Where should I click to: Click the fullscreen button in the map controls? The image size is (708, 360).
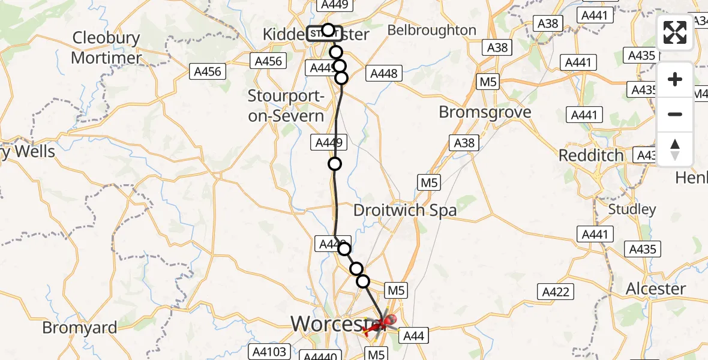coord(675,33)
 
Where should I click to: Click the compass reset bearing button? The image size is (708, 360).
coord(675,149)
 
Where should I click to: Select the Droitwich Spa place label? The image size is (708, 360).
coord(405,210)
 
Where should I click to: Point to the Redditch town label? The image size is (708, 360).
coord(591,155)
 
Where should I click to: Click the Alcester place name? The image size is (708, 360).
coord(655,289)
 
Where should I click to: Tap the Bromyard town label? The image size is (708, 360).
coord(80,328)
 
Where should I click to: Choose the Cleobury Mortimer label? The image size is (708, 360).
coord(106,48)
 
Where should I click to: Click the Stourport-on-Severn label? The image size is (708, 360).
coord(286,106)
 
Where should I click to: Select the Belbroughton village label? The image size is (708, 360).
coord(432,30)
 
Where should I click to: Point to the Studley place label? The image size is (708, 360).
coord(632,209)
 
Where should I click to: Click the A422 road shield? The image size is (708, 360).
coord(555,292)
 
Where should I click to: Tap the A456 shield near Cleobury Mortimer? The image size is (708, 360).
coord(208,72)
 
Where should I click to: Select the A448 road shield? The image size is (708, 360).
coord(384,73)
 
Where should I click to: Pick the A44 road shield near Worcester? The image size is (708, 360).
coord(413,336)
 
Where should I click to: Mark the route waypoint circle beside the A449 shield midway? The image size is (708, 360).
coord(335,164)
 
